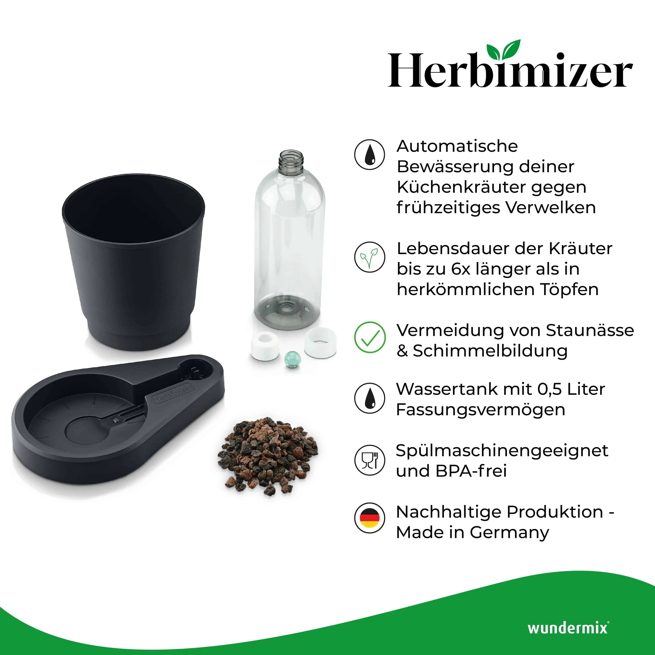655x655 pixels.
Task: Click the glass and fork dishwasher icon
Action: (370, 460)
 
